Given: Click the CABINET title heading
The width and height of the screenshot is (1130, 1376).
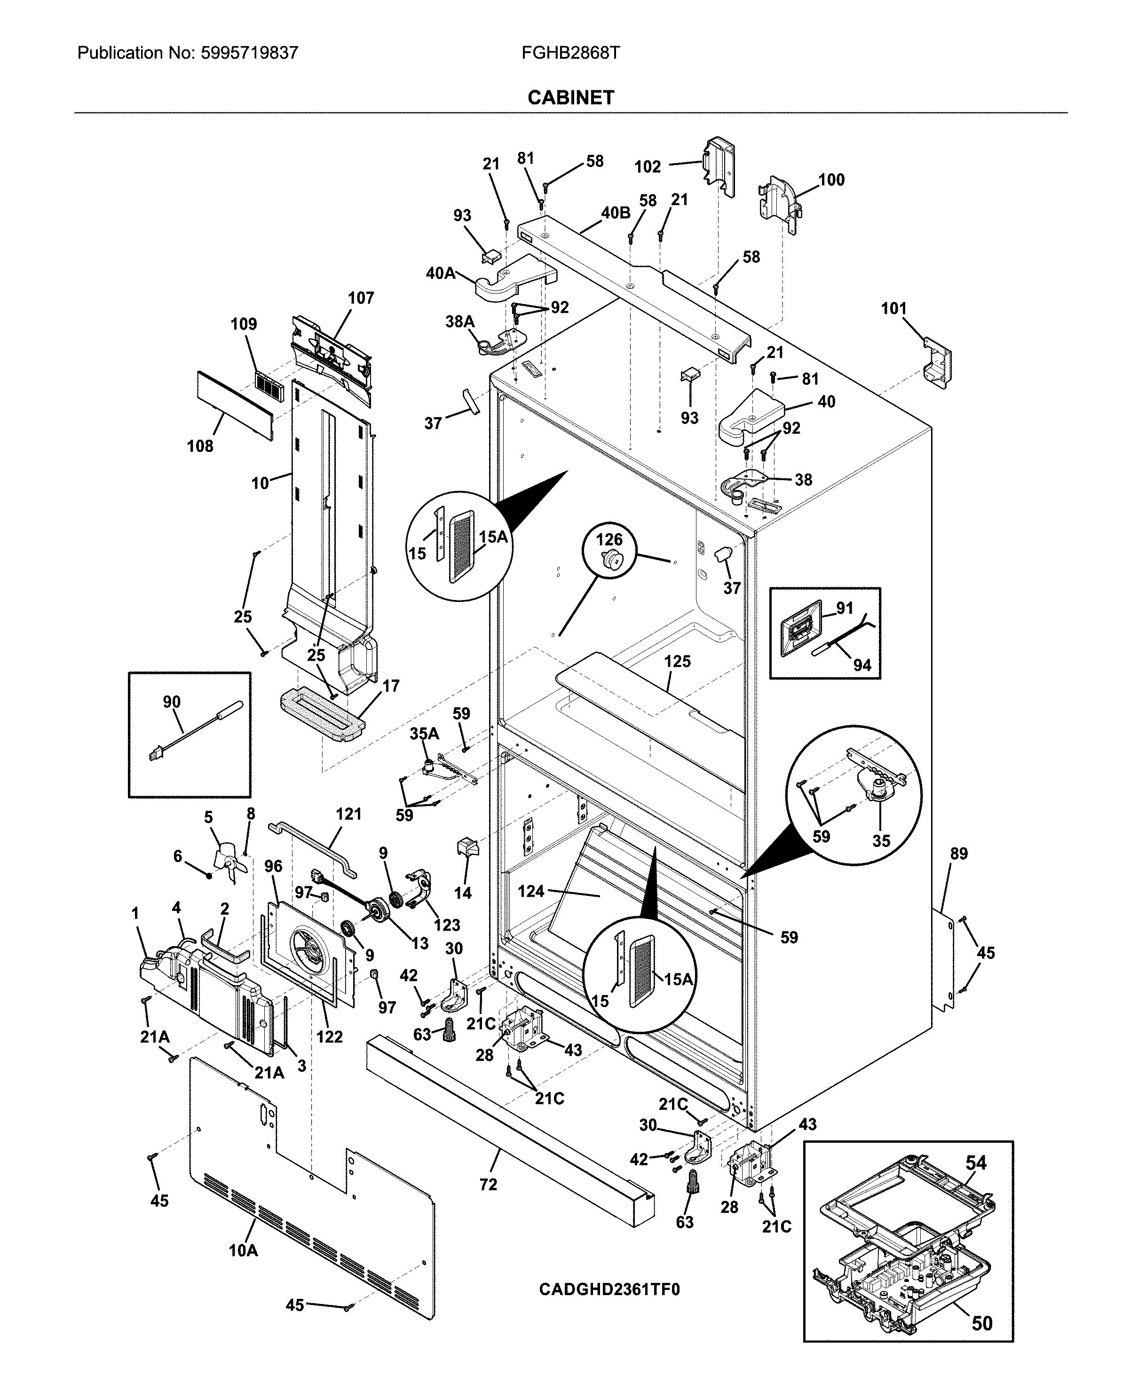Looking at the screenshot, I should tap(570, 98).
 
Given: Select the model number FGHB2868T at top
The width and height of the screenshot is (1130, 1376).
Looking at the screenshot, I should tap(570, 53).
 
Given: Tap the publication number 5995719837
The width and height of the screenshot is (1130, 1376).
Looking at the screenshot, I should tap(247, 53).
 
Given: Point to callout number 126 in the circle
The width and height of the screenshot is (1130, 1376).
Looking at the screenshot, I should tap(609, 539).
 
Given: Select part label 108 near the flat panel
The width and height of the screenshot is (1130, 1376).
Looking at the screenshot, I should tap(200, 446).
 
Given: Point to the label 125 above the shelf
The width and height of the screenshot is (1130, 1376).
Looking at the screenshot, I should tap(677, 661).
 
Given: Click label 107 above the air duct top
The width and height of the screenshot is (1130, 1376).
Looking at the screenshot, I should tap(361, 298).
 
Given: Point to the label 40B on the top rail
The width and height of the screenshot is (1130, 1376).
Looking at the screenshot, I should tap(615, 213).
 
